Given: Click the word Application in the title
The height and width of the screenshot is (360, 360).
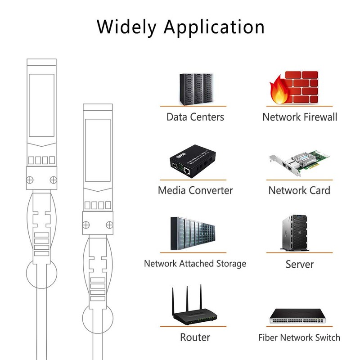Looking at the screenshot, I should point(214,27).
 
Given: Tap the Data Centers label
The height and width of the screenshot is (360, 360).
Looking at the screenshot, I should point(195,117).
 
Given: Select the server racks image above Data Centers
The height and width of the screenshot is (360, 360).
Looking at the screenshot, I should point(195,87).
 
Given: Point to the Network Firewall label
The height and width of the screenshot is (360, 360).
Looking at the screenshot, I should point(300,117).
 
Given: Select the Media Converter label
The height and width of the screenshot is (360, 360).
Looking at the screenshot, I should point(195,190).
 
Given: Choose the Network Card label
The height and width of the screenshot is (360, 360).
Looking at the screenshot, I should point(299,190).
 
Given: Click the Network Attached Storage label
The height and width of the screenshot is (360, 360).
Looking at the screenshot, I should point(195,263).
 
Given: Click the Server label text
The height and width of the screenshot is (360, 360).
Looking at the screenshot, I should point(299,264).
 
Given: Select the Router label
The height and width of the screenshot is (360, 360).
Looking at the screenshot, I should point(195,337).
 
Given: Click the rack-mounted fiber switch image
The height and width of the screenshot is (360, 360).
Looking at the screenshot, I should point(299,318).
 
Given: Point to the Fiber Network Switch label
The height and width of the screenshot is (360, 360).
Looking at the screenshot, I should point(299,337).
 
